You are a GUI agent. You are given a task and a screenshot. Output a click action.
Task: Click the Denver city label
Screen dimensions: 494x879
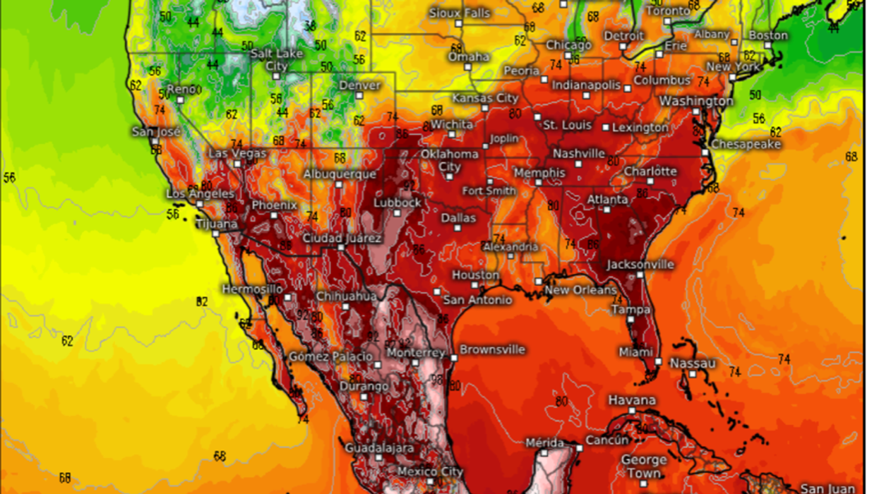(359, 85)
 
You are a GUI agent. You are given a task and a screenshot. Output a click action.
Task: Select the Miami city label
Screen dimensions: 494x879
(635, 352)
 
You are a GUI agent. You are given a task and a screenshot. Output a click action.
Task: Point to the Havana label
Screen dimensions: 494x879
(632, 400)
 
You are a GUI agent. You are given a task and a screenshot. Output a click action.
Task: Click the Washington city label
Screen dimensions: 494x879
(696, 102)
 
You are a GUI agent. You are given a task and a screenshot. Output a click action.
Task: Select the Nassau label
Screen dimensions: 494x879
(693, 363)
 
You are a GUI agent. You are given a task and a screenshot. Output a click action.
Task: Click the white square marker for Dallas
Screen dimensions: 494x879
(458, 229)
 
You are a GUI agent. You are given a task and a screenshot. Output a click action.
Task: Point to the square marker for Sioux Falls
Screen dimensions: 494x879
(458, 23)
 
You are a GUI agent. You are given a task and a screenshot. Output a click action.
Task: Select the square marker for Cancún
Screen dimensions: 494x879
(579, 448)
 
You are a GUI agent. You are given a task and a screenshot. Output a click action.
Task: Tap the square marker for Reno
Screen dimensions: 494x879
(181, 100)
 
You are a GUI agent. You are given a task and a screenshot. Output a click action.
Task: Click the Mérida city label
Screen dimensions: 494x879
(545, 443)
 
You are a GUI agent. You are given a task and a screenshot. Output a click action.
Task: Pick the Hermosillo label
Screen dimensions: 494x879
(252, 289)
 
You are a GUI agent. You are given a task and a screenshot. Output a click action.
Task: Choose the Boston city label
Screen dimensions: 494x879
(767, 35)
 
